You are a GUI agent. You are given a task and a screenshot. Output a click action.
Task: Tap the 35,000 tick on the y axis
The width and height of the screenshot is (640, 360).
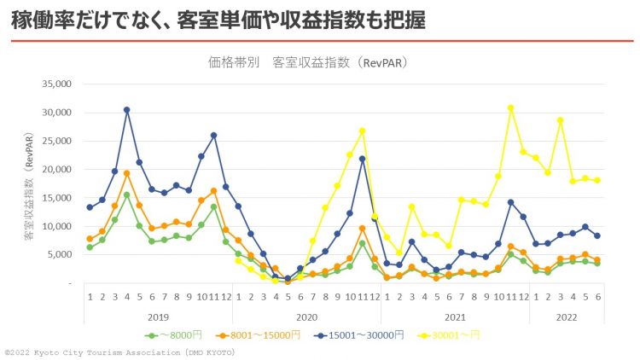pyautogui.click(x=56, y=84)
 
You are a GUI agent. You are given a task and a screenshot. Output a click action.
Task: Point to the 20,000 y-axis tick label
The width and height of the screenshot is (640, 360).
pyautogui.click(x=56, y=169)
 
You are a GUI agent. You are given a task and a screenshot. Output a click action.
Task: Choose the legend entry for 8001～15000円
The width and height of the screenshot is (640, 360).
pyautogui.click(x=265, y=335)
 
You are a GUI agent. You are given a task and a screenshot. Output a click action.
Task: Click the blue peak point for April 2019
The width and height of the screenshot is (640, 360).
pyautogui.click(x=126, y=109)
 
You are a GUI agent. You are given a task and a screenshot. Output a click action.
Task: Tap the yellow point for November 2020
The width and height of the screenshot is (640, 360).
pyautogui.click(x=362, y=131)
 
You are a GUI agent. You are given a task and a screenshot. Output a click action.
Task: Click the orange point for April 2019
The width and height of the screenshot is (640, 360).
pyautogui.click(x=126, y=173)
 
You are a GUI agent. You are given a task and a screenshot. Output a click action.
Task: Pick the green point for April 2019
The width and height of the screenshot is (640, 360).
pyautogui.click(x=126, y=195)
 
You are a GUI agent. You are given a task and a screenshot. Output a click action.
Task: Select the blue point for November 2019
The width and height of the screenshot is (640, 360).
pyautogui.click(x=213, y=135)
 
